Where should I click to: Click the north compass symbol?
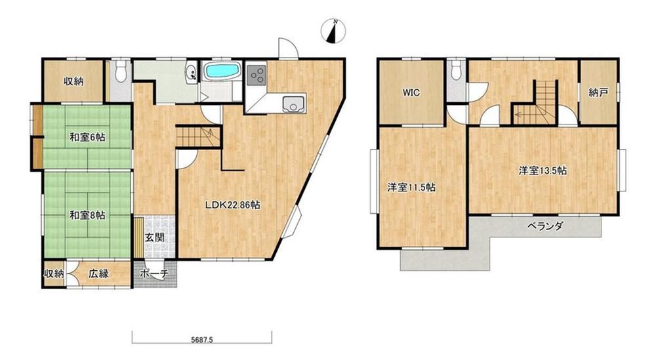[333, 31]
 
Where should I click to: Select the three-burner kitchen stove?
[256, 74]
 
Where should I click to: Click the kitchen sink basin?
[295, 104]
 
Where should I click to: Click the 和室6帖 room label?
[87, 137]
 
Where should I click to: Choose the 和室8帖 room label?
[87, 215]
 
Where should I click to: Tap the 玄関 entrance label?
[154, 237]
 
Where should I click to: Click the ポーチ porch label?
[154, 274]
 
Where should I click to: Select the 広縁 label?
[99, 273]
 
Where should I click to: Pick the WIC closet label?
[411, 93]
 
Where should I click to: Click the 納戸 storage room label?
[598, 93]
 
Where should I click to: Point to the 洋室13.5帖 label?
[543, 170]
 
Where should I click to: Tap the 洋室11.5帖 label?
[411, 188]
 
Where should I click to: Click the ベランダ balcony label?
[544, 226]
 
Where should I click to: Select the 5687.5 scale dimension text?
[202, 340]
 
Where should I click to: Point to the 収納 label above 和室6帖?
[73, 81]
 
